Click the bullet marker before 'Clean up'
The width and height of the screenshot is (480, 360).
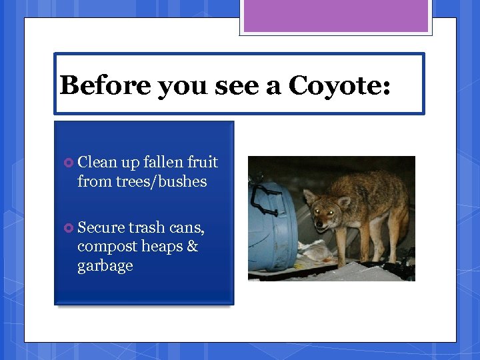[68, 163]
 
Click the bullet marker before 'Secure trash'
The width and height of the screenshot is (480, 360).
[68, 228]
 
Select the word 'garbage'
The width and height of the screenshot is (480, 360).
[105, 266]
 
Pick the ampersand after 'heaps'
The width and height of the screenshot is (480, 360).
[192, 247]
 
